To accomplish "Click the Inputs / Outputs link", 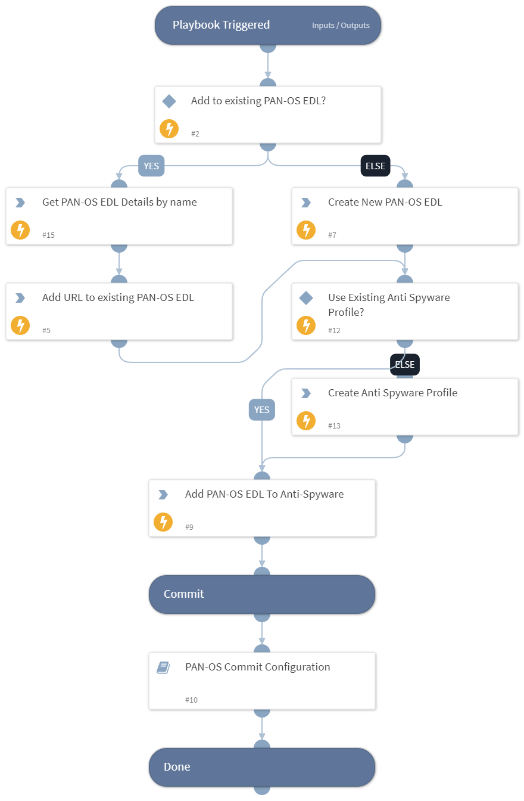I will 341,26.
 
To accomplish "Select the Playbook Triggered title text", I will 221,25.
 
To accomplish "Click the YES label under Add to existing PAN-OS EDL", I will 151,166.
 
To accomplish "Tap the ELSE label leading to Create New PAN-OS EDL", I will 375,166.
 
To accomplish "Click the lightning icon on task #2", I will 169,129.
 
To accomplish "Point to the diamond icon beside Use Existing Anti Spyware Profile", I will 305,298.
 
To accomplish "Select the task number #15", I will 48,235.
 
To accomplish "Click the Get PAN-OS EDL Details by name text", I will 119,202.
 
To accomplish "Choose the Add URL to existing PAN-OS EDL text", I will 118,297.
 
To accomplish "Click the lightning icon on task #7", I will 306,230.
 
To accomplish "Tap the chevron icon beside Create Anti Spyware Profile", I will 305,393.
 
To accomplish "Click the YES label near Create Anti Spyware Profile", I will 262,409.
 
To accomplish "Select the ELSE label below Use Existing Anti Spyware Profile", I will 405,365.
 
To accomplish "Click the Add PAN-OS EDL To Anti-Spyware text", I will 264,494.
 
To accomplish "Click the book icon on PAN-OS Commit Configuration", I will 163,667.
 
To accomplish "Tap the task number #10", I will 191,700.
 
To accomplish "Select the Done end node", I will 261,767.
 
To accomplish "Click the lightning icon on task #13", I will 306,421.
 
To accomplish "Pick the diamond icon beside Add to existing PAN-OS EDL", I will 169,101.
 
